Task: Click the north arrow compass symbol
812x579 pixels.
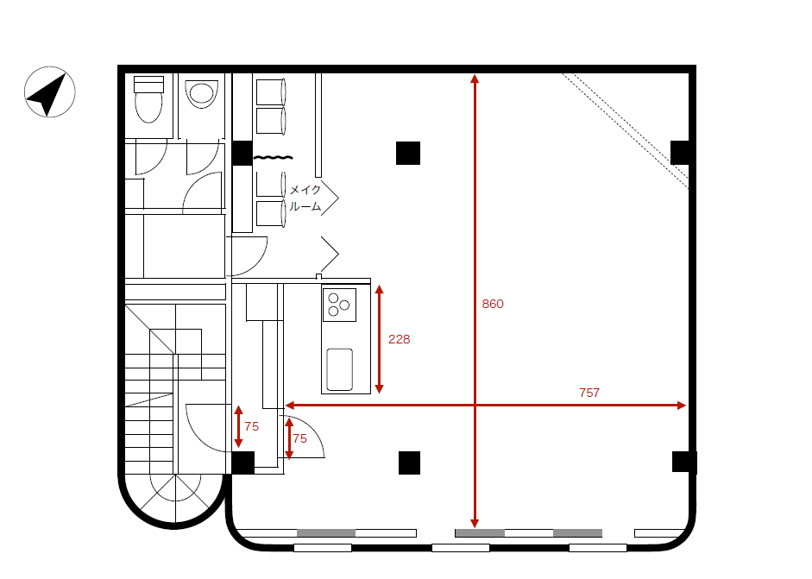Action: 50,92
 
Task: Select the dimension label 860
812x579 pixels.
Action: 493,304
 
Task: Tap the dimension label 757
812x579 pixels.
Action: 589,393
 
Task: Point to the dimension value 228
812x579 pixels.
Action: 400,339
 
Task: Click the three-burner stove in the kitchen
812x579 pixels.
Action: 339,305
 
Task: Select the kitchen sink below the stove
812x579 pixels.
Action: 340,369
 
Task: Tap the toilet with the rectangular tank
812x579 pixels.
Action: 148,99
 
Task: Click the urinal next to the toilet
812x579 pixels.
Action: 201,94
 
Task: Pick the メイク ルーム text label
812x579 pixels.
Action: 305,198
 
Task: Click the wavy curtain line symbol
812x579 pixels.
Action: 273,157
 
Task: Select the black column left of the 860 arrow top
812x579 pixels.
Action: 408,154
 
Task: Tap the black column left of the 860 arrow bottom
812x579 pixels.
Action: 409,463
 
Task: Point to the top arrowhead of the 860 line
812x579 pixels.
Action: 475,79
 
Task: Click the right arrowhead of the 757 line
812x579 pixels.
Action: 682,405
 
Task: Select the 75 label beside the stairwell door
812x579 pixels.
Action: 252,427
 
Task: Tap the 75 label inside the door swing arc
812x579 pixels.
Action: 299,438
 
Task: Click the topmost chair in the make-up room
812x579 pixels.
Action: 271,92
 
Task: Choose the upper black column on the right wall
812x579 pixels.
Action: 680,153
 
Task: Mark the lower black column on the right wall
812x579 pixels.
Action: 684,462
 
